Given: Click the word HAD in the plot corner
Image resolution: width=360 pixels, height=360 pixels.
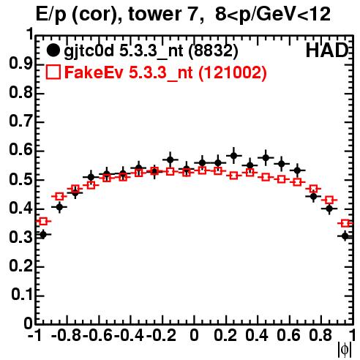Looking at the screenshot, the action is (327, 50).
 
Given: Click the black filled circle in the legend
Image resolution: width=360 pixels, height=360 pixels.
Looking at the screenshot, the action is (53, 50).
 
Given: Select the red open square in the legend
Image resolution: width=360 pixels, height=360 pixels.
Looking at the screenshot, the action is (53, 72).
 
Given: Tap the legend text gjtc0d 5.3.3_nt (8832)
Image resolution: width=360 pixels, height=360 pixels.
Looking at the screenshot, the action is (151, 51).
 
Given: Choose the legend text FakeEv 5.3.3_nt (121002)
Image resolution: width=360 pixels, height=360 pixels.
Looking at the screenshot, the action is (166, 72).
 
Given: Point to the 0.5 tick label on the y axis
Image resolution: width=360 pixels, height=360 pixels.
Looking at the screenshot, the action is (20, 180).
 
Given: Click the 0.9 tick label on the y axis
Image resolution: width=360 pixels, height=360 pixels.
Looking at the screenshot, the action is (20, 64).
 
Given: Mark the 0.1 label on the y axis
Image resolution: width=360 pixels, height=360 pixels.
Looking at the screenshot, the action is (21, 295).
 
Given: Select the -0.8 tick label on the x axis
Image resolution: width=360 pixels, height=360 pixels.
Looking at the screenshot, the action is (67, 336).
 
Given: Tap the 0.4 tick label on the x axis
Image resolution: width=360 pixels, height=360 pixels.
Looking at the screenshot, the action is (257, 336).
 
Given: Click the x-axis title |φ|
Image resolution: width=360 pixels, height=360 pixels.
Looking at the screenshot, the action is (345, 350).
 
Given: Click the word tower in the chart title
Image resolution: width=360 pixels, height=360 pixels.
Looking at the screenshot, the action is (153, 15).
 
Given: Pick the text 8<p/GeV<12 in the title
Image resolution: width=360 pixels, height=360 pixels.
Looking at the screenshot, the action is (273, 15).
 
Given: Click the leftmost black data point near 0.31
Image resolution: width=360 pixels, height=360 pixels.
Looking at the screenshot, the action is (43, 235).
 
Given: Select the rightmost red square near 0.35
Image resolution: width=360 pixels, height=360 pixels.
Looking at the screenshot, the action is (345, 223).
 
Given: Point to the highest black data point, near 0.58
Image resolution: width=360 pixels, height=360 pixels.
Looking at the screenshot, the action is (233, 155).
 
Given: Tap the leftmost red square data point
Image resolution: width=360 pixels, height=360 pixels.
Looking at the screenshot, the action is (43, 222).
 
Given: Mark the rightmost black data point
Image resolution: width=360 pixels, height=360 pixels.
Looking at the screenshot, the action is (345, 236).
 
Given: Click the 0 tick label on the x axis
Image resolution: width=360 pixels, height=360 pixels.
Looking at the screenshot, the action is (194, 336).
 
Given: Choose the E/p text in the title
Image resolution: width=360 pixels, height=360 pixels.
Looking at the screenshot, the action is (51, 15).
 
